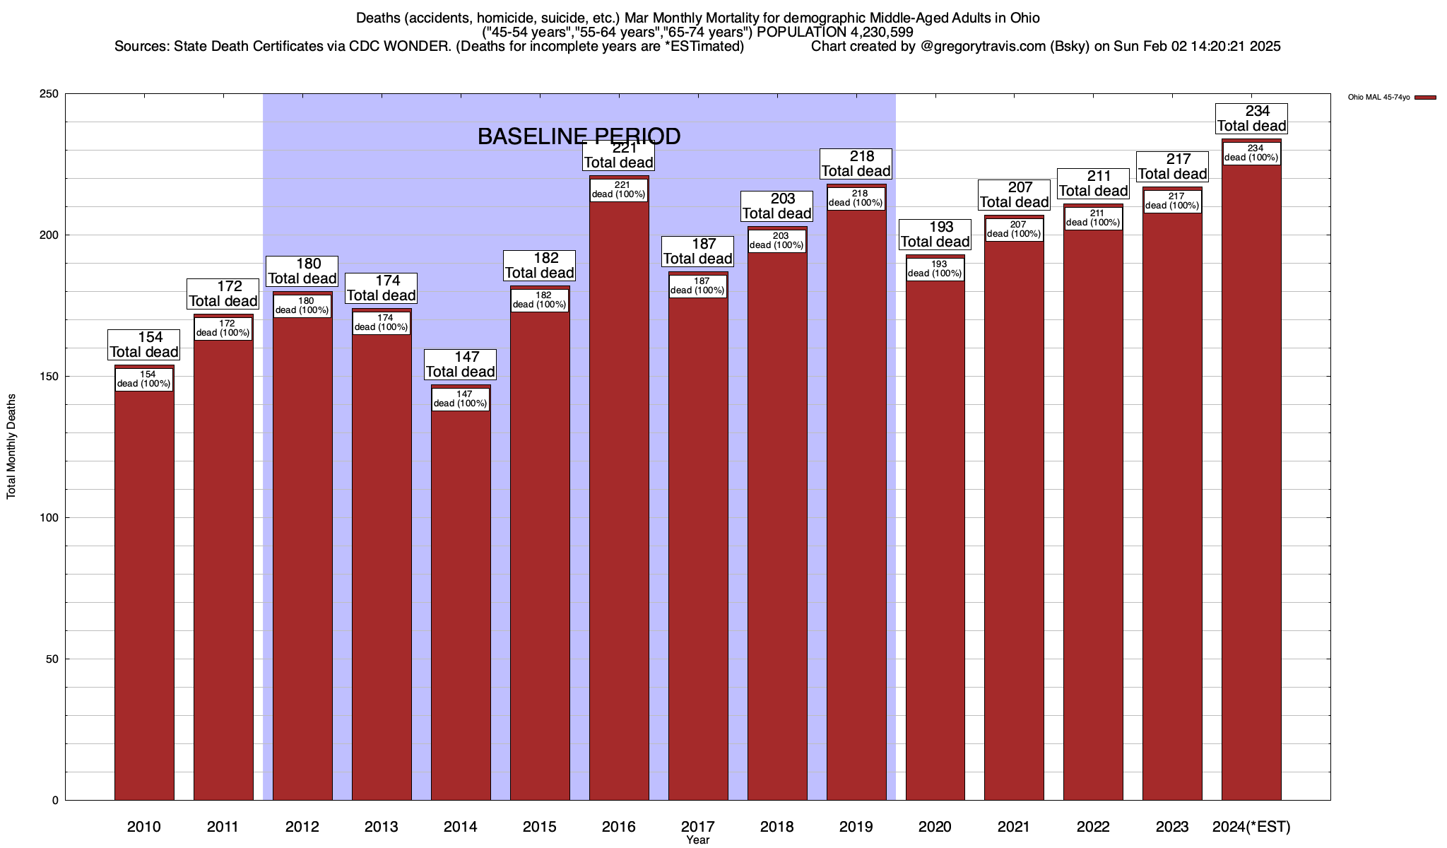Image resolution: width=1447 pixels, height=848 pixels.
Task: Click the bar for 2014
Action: pyautogui.click(x=461, y=601)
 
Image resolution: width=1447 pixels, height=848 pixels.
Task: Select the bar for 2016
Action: pyautogui.click(x=619, y=495)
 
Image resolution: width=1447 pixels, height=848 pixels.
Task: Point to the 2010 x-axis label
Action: pyautogui.click(x=144, y=827)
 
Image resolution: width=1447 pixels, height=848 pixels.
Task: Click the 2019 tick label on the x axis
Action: pyautogui.click(x=856, y=827)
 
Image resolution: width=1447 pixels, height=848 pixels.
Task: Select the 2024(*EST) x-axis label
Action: pyautogui.click(x=1251, y=827)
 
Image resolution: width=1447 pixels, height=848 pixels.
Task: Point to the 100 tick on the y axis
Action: pyautogui.click(x=49, y=518)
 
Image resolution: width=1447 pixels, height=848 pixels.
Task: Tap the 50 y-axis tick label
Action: pyautogui.click(x=52, y=659)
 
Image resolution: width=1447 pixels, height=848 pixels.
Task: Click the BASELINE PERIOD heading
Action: pyautogui.click(x=579, y=136)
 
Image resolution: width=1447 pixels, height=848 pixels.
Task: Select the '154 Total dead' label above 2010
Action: pyautogui.click(x=144, y=345)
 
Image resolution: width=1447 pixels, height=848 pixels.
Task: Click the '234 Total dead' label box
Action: pyautogui.click(x=1251, y=119)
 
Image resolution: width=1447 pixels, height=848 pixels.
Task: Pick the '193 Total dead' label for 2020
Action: pyautogui.click(x=935, y=235)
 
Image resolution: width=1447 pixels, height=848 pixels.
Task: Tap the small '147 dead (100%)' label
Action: pyautogui.click(x=461, y=399)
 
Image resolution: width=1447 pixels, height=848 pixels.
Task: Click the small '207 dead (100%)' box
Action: pyautogui.click(x=1014, y=230)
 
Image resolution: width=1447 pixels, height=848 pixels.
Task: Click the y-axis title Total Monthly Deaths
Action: pyautogui.click(x=11, y=447)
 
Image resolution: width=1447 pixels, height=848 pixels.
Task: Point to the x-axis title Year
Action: pyautogui.click(x=697, y=840)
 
